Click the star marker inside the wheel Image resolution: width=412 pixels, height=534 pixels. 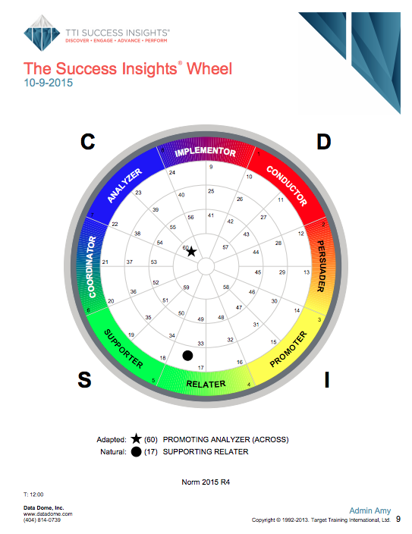[191, 251]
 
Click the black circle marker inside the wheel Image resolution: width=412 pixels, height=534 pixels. [187, 354]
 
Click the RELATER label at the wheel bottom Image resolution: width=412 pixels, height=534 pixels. [206, 383]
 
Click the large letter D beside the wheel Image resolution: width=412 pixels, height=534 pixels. [324, 142]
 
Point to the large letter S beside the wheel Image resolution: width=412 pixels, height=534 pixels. [85, 381]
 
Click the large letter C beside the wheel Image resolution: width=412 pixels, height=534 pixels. [88, 141]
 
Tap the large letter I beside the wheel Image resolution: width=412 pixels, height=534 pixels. [326, 381]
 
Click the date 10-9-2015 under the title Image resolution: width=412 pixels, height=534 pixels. [49, 83]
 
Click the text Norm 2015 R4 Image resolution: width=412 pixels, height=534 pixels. [206, 482]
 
